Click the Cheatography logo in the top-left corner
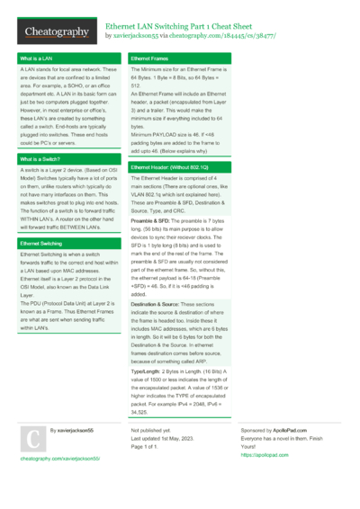[56, 32]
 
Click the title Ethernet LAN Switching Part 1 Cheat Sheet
[178, 27]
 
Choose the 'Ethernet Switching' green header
[41, 244]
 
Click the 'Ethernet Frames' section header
[152, 58]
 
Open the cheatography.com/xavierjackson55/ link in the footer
[59, 458]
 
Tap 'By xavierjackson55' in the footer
[71, 431]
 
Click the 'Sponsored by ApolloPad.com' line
[275, 431]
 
